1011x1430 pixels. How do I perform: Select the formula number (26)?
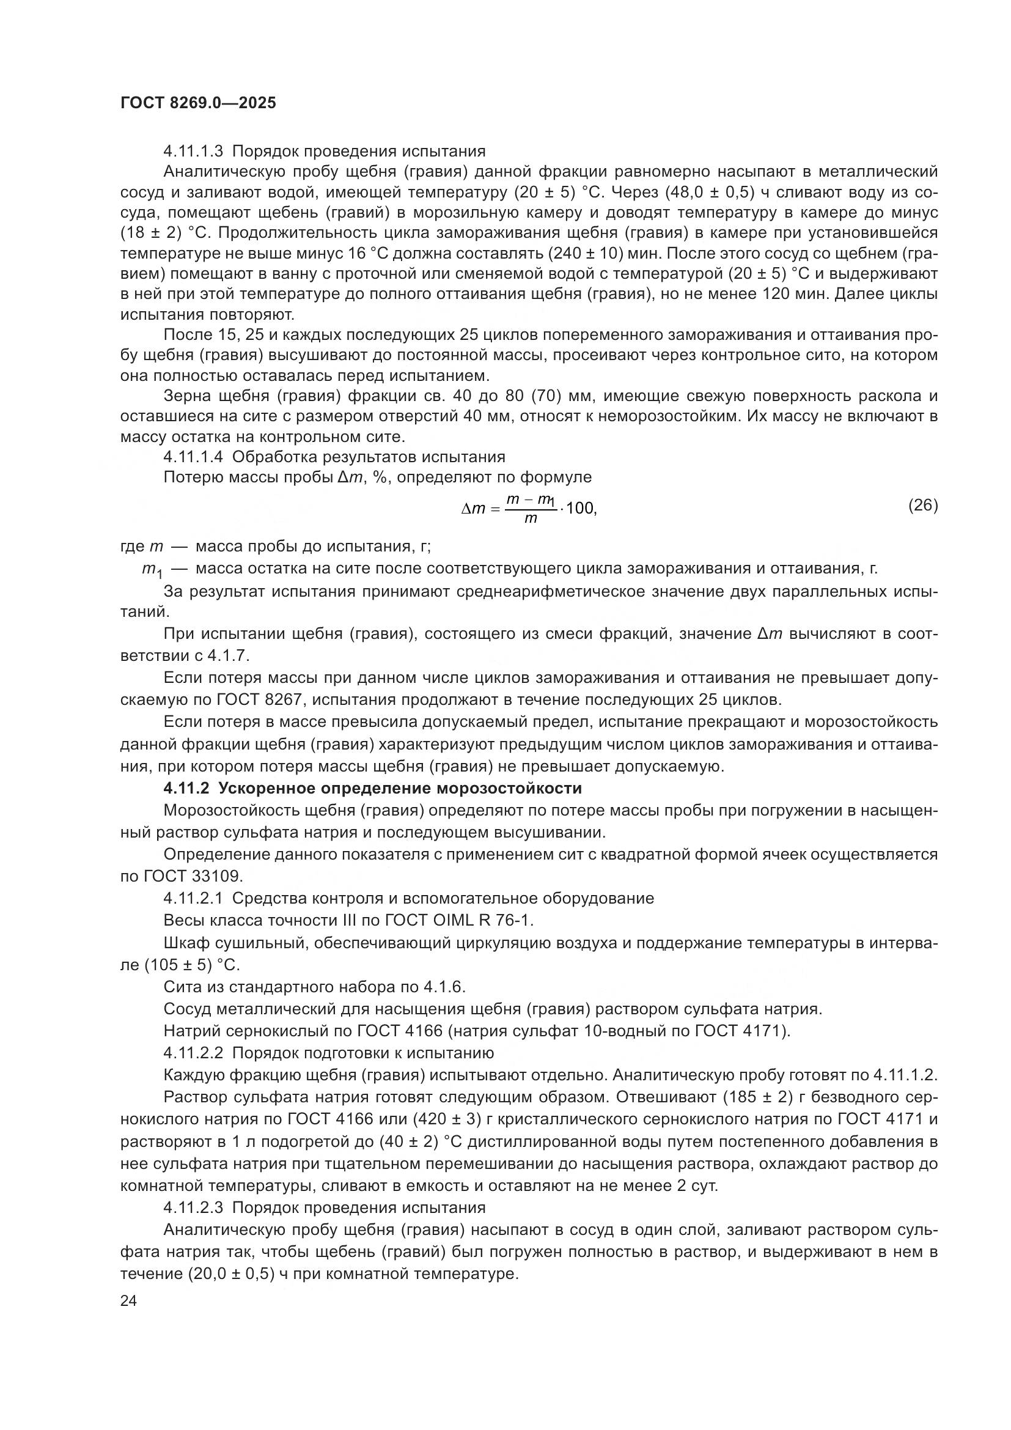[x=922, y=505]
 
